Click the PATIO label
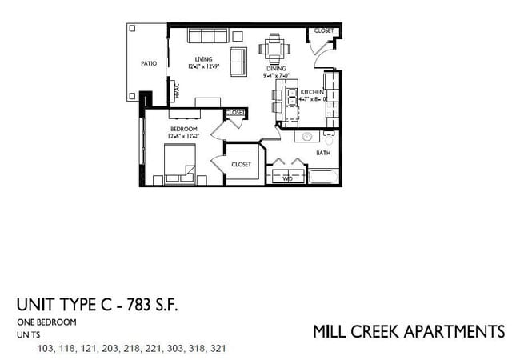coord(149,63)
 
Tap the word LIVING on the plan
coord(203,59)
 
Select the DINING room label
coord(276,69)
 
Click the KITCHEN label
coord(312,93)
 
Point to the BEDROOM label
coord(183,129)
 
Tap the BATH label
coord(323,152)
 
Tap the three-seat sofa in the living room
coord(207,36)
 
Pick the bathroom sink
coord(304,137)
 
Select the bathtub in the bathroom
coord(323,176)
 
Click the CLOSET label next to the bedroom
coord(242,164)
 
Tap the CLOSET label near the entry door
coord(324,30)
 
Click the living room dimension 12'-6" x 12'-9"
coord(203,67)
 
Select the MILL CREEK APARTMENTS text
coord(408,331)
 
